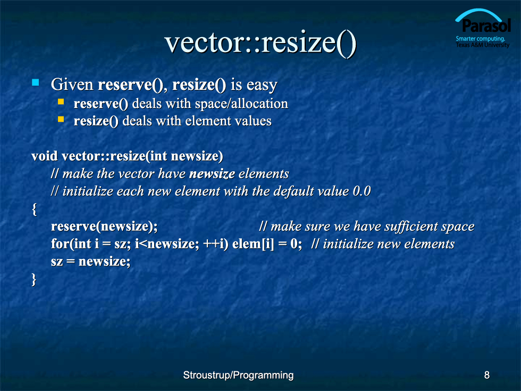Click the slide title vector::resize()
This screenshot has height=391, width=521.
click(x=260, y=43)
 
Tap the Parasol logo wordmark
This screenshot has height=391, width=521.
click(x=486, y=26)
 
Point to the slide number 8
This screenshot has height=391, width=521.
click(x=487, y=375)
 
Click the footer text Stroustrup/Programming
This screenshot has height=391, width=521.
click(x=238, y=376)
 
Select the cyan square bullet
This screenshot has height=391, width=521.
click(x=36, y=82)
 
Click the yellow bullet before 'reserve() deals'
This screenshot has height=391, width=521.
click(x=61, y=102)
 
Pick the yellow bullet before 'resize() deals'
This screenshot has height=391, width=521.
click(x=61, y=119)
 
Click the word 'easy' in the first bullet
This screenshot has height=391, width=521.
click(x=262, y=85)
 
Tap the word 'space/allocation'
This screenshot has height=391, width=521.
click(x=241, y=104)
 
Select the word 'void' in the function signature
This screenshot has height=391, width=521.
click(x=45, y=156)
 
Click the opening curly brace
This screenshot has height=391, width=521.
click(x=34, y=210)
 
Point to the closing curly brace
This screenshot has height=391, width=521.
click(x=33, y=279)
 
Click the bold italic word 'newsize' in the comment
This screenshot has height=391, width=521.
click(x=212, y=174)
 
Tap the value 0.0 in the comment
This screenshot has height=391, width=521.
click(x=362, y=191)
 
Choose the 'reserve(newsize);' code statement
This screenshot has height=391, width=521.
click(x=104, y=227)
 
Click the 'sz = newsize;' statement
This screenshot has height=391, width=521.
click(x=91, y=262)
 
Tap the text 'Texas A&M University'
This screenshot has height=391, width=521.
click(x=483, y=45)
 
